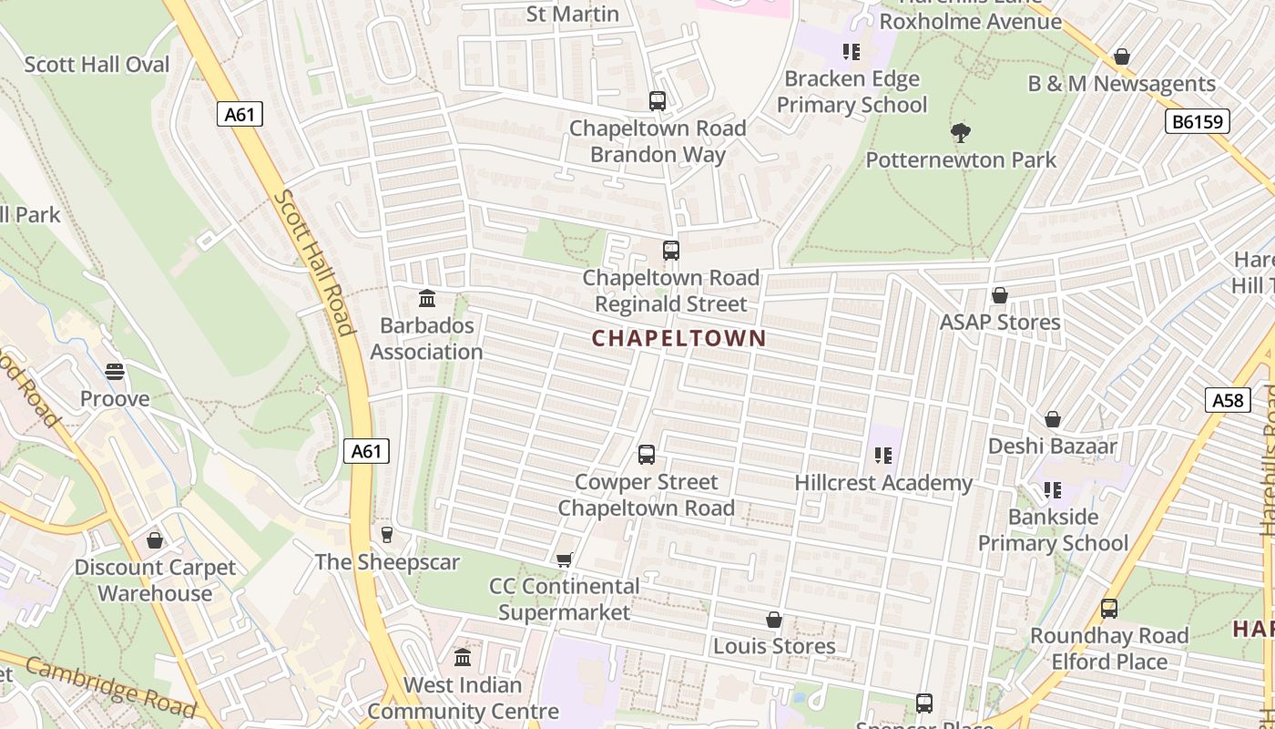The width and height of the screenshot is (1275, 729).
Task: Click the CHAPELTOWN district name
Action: pos(678,339)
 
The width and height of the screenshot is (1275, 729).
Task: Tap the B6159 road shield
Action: pos(1197,121)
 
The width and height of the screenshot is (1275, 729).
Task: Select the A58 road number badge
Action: pos(1227,399)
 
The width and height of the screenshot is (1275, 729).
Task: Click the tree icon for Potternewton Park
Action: pos(960,133)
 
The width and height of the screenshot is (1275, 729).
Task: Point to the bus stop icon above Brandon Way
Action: pos(657,101)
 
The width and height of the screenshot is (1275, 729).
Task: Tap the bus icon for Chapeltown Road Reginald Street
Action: pos(670,250)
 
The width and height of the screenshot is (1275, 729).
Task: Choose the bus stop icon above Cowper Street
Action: pos(646,454)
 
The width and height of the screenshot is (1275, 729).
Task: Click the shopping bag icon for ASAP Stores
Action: pos(999,295)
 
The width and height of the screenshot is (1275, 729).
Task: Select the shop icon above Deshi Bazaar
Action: pos(1052,419)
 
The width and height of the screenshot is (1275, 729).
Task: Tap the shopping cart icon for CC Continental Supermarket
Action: pos(564,560)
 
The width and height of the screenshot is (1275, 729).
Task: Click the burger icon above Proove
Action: pos(114,372)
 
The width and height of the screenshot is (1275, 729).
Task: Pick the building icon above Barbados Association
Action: pos(426,298)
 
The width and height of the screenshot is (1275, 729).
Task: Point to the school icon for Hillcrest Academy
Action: pos(882,456)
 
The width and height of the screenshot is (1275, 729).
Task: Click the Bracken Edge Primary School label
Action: pos(852,92)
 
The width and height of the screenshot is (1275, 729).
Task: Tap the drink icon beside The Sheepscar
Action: pos(387,535)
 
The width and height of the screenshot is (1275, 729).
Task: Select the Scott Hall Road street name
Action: pos(315,263)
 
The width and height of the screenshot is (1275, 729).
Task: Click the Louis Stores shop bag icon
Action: pos(773,620)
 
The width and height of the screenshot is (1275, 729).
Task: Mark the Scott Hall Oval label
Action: pos(97,65)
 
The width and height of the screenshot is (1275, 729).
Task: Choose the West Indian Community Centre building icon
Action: pos(463,657)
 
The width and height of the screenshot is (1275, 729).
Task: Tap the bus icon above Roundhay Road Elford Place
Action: pos(1108,608)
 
